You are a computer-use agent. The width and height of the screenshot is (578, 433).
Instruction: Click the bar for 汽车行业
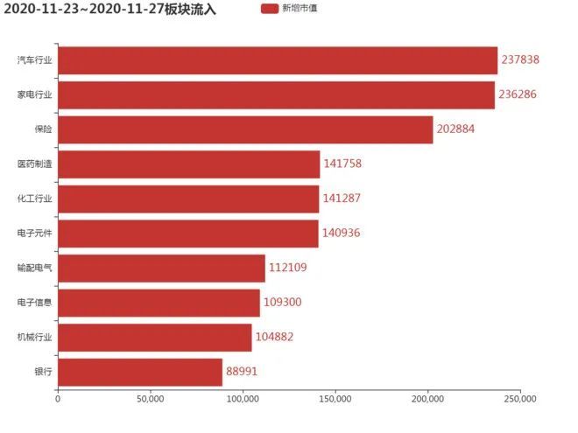click(278, 60)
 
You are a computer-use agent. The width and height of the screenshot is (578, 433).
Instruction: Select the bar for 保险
click(245, 129)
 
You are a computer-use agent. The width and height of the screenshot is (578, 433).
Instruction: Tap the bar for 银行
click(140, 372)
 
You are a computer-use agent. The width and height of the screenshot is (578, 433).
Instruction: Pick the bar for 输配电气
click(161, 268)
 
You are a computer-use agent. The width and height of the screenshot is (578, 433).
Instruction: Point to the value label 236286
click(518, 95)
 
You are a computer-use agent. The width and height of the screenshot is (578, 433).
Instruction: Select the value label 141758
click(342, 164)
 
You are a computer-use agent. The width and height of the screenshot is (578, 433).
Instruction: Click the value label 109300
click(283, 303)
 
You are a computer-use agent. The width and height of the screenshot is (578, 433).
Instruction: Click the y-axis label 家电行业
click(35, 95)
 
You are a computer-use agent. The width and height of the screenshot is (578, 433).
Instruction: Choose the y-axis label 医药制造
click(35, 164)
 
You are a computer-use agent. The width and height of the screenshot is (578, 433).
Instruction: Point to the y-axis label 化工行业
click(35, 199)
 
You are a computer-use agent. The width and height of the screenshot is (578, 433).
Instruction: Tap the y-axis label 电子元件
click(35, 234)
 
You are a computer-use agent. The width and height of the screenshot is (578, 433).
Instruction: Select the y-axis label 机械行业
click(35, 337)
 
